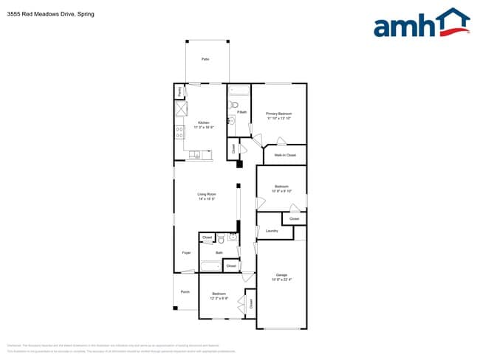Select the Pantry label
click(179, 90)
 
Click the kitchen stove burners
click(179, 134)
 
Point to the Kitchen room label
click(203, 122)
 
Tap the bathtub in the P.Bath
click(239, 91)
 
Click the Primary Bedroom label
click(279, 114)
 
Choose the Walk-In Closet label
click(285, 156)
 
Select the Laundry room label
click(271, 231)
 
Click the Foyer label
click(186, 253)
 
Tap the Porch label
click(185, 292)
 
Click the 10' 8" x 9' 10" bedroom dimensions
click(281, 190)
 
